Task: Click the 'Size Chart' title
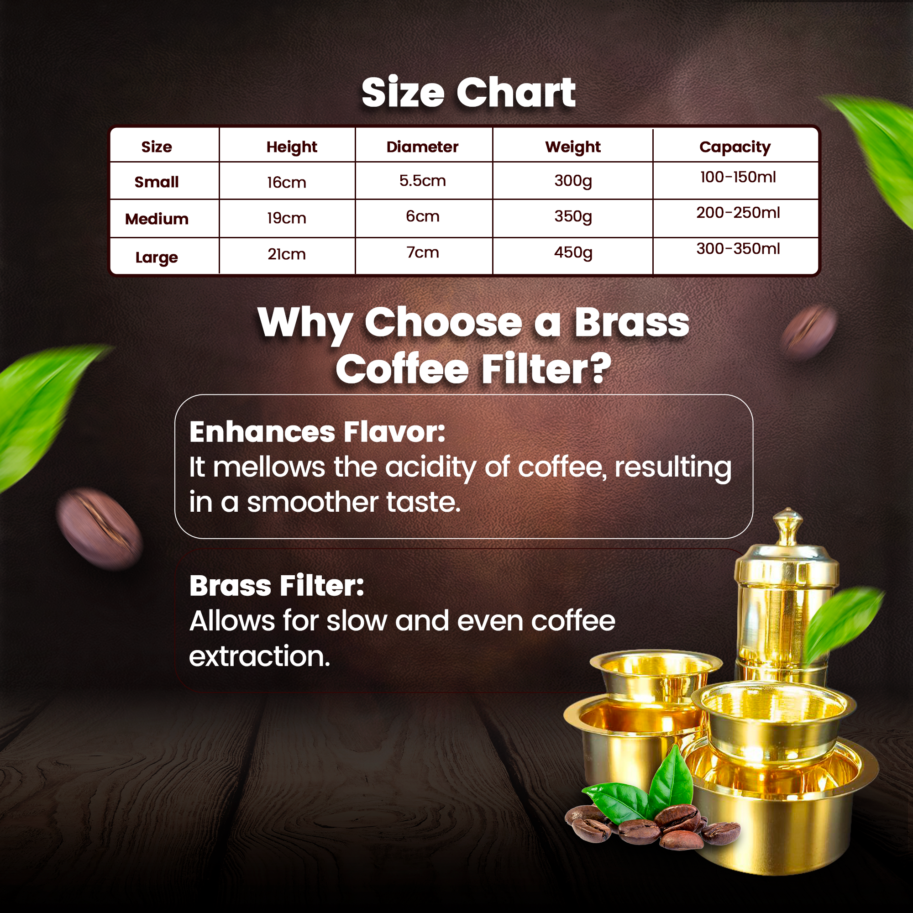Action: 468,93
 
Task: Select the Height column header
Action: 292,147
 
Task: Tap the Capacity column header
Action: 735,147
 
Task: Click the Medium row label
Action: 157,219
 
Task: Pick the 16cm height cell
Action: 286,183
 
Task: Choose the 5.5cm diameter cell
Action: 422,180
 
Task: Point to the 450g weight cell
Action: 573,253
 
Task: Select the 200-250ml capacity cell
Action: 738,213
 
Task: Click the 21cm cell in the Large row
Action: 286,254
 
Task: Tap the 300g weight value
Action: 573,181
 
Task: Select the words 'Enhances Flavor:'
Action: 317,432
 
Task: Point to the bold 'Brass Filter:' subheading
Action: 277,586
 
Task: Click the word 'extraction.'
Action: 259,656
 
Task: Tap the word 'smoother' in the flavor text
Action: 313,502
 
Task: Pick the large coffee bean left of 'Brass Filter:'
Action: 100,529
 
